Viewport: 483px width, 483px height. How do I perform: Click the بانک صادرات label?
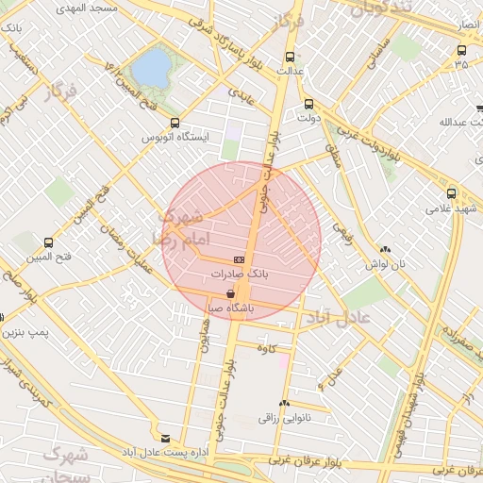click(x=240, y=273)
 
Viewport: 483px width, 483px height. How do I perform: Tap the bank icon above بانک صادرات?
click(x=240, y=259)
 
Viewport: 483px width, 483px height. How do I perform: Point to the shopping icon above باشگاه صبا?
click(x=231, y=293)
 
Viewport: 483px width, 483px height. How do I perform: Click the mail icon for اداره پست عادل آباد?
click(x=166, y=439)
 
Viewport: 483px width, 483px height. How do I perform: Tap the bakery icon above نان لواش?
click(x=385, y=250)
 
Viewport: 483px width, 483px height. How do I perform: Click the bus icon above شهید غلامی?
click(x=452, y=192)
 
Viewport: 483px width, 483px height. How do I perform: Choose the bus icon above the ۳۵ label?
click(x=461, y=49)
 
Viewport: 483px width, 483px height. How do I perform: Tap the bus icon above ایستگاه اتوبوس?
click(x=175, y=123)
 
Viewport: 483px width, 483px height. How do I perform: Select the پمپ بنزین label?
click(x=24, y=332)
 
